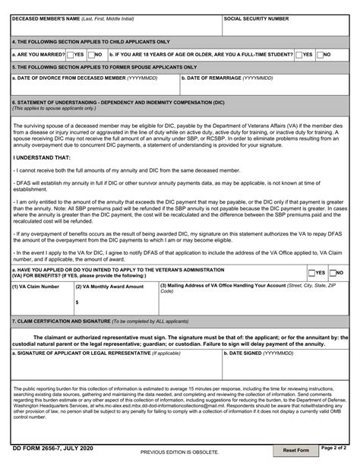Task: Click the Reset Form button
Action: click(296, 451)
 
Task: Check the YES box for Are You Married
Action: click(71, 55)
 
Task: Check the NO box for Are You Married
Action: click(92, 55)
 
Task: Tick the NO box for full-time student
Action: click(320, 55)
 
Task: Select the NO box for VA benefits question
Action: click(333, 272)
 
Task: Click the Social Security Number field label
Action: click(256, 18)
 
